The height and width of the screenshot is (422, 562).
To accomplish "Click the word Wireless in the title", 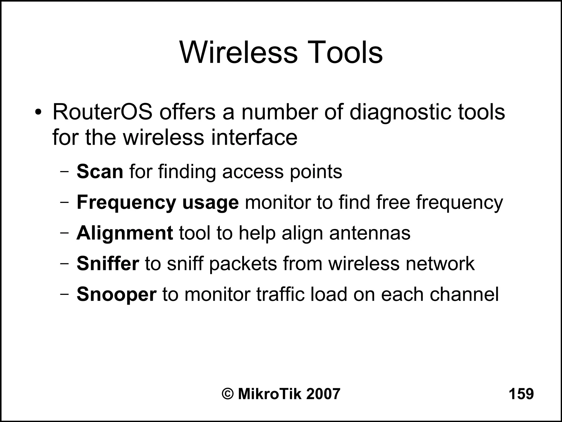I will click(238, 52).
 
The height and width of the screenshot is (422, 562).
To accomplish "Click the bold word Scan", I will click(100, 172).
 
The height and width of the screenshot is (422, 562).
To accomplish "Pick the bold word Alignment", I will click(125, 233).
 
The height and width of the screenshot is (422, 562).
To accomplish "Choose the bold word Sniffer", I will click(108, 264).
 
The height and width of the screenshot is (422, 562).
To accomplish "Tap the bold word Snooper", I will click(116, 295).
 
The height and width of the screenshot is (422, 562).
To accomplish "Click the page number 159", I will click(521, 394).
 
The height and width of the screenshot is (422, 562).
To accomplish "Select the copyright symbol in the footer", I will click(228, 394).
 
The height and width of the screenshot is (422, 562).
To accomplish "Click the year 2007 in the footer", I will click(323, 394).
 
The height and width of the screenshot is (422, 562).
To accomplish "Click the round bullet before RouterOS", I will click(38, 113).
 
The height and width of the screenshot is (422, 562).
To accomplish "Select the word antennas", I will click(370, 233).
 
